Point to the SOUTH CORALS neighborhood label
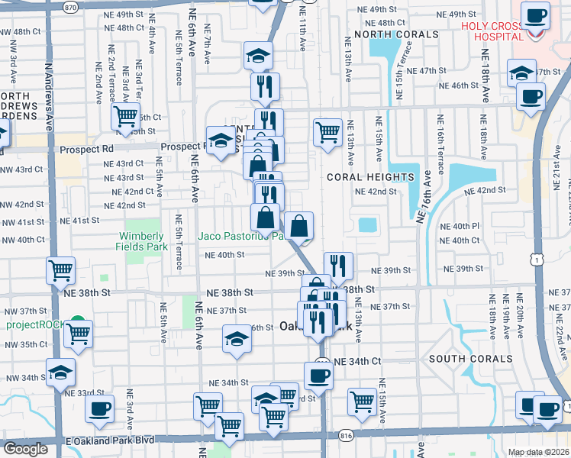pos(470,359)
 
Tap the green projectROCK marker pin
pos(76,323)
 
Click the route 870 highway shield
pos(71,6)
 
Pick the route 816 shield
pos(346,434)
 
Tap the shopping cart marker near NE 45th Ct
pos(125,118)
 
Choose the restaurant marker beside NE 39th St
pos(338,266)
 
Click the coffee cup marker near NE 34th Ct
pos(318,375)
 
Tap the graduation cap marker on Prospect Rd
pos(221,141)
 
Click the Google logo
pos(25,449)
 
